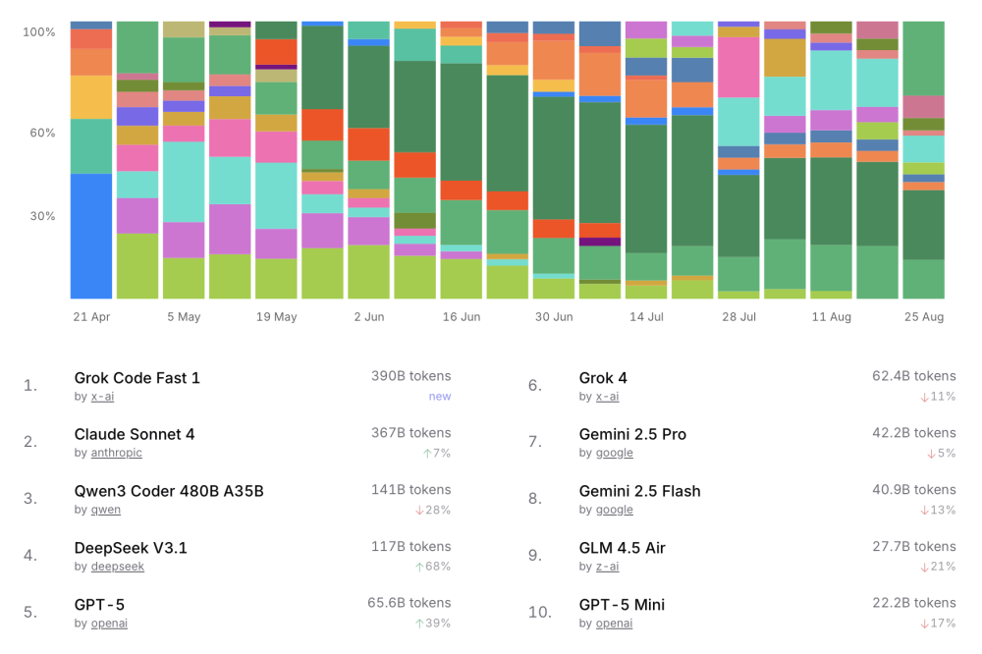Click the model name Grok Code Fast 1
point(136,378)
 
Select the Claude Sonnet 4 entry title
point(135,434)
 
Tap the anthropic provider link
point(117,453)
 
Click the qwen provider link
point(106,510)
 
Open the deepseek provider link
point(117,567)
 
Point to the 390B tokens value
point(410,376)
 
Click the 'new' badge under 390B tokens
point(439,396)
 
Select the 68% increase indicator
point(436,567)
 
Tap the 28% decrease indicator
point(436,510)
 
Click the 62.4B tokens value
point(913,376)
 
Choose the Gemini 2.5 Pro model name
point(632,434)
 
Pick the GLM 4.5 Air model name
point(622,548)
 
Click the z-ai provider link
point(607,567)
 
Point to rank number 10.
point(539,612)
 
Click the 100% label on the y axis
point(39,32)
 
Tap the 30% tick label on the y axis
point(41,216)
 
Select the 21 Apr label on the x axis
point(91,317)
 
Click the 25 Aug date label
point(923,317)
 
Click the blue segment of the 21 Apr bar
point(91,236)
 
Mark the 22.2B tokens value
point(913,603)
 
